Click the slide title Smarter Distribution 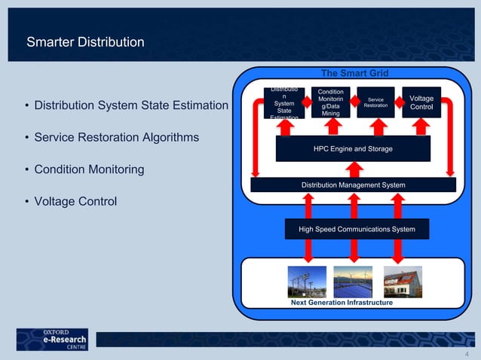84,42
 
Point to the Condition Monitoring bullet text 89,169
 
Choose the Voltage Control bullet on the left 75,202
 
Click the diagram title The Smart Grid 354,73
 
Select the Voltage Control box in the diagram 421,103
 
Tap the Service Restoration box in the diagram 375,103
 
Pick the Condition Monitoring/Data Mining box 330,103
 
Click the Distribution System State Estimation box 284,104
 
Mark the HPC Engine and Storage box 352,149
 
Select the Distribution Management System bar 353,185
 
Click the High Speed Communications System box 357,229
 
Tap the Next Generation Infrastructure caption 342,302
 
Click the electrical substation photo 307,281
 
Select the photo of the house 403,281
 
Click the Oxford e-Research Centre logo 52,339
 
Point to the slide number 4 467,353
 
